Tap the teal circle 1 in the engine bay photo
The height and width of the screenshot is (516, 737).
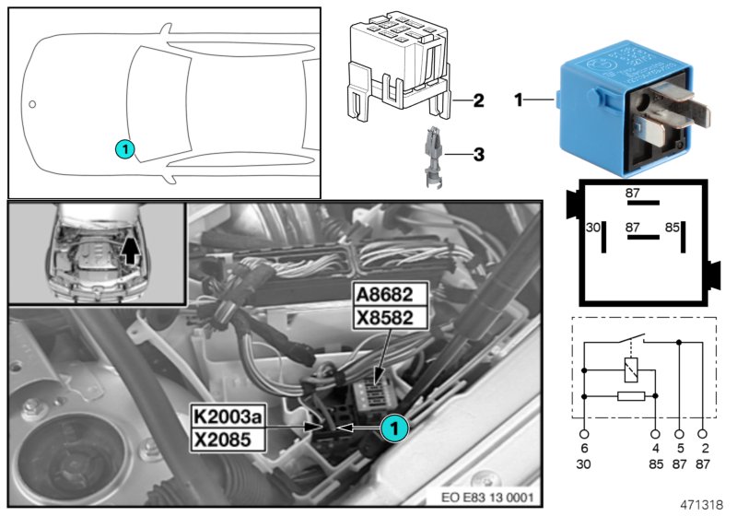tap(393, 426)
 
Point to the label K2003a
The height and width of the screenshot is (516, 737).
tap(228, 417)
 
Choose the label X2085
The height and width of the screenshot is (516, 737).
tap(228, 439)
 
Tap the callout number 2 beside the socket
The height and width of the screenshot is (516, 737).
tap(478, 100)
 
